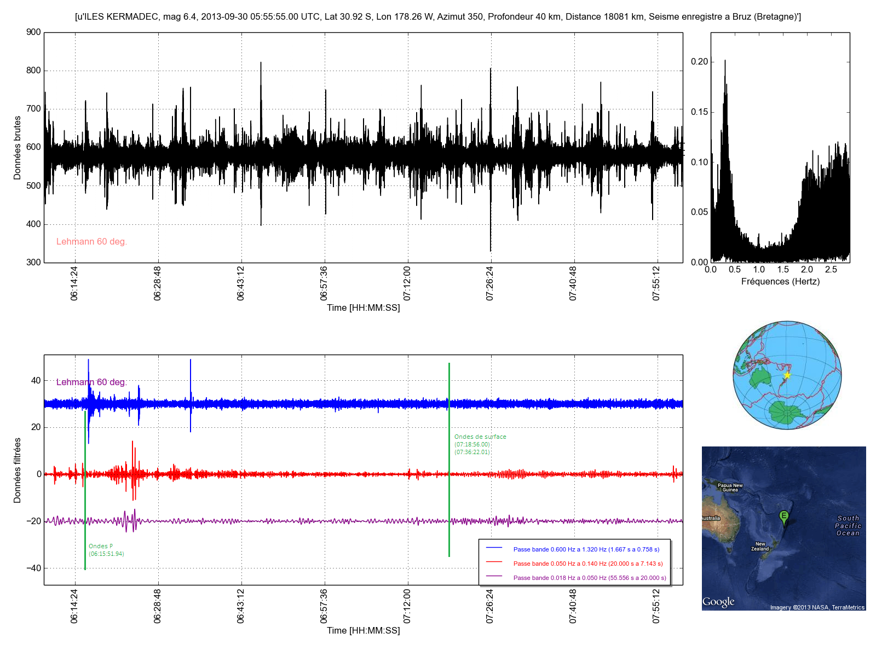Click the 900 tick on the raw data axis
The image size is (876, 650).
(x=33, y=32)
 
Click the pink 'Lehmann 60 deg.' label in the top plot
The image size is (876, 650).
(x=91, y=241)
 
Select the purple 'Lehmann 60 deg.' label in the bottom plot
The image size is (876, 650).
(x=91, y=382)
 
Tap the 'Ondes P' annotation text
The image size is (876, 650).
(x=101, y=546)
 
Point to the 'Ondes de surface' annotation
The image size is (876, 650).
(x=480, y=437)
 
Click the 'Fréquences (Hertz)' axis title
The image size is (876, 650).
(x=780, y=282)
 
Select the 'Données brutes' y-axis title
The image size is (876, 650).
(x=17, y=148)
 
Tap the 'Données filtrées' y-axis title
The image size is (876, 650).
(x=17, y=471)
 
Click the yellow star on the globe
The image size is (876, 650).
(x=787, y=375)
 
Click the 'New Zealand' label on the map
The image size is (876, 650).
(x=760, y=547)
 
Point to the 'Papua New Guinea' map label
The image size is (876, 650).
(x=730, y=487)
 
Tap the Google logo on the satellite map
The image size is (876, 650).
(x=718, y=602)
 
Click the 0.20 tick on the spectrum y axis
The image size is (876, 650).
(x=700, y=62)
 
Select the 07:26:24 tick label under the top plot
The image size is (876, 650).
(x=489, y=283)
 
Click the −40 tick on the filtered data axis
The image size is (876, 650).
(x=33, y=568)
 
